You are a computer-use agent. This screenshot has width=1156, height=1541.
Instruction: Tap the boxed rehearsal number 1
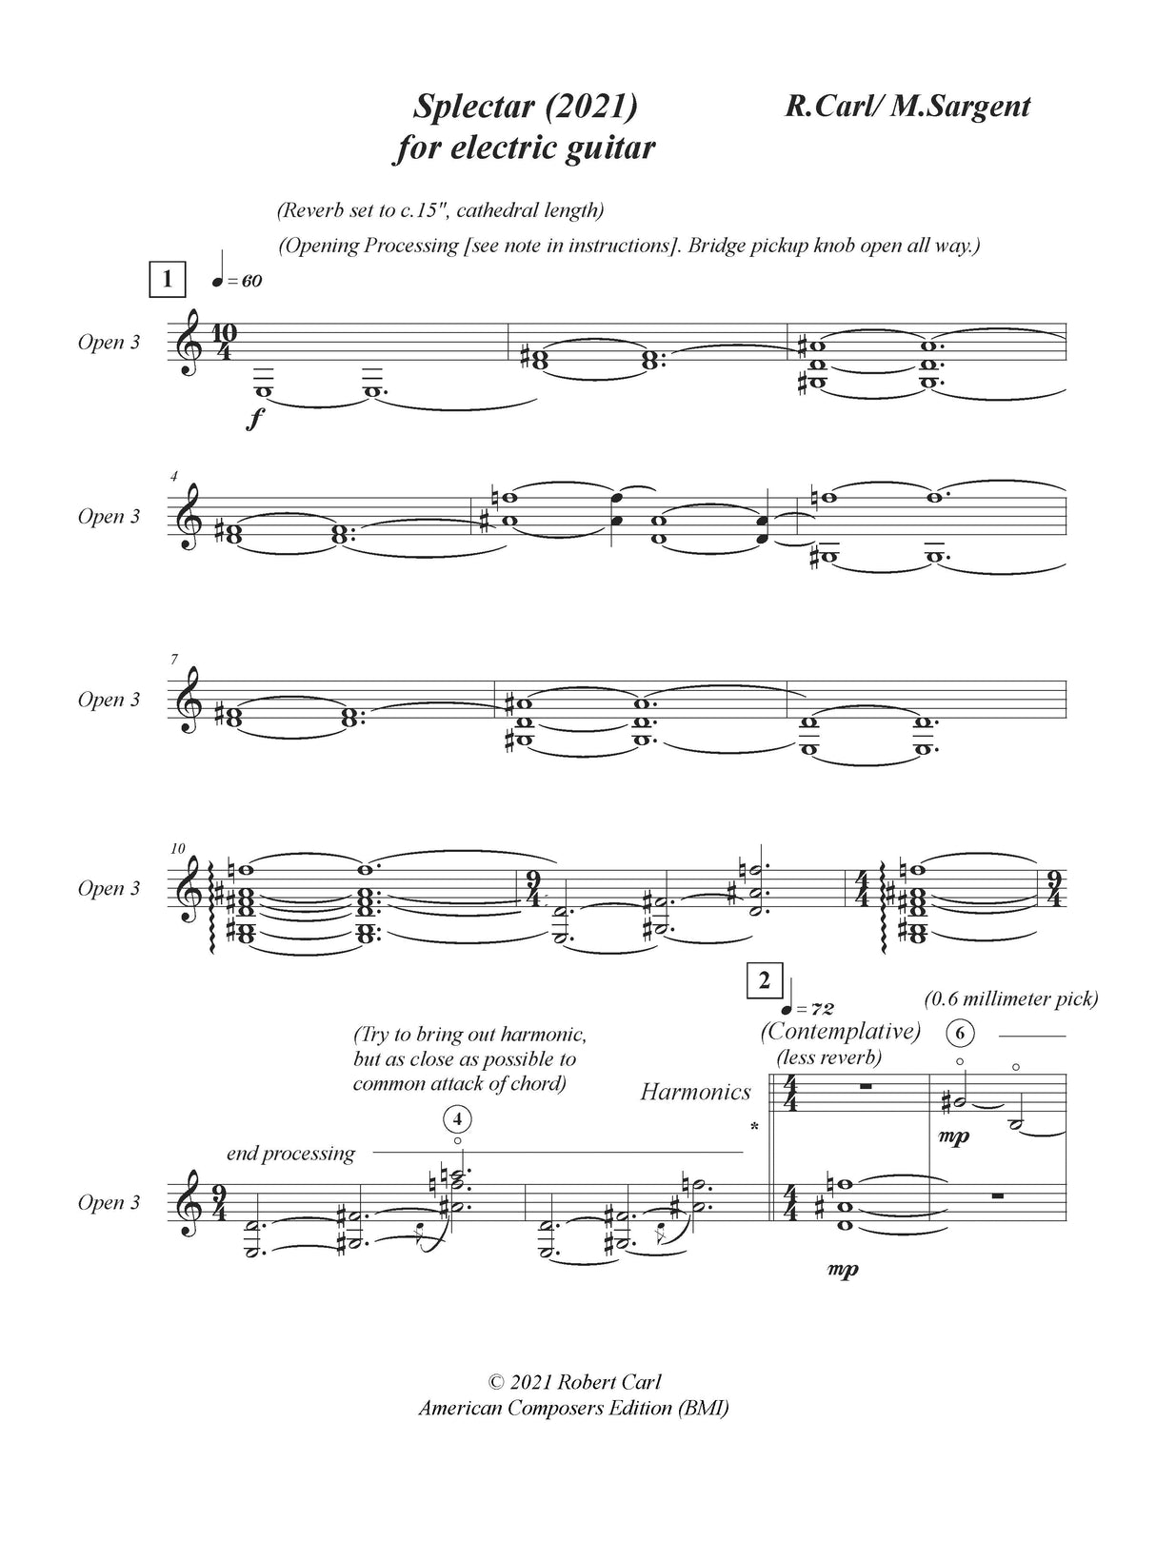click(x=168, y=279)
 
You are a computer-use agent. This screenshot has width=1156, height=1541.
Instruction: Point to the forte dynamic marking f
click(x=253, y=419)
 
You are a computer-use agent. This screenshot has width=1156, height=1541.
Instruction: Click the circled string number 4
click(x=458, y=1117)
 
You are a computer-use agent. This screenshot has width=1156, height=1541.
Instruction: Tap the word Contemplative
click(x=840, y=1031)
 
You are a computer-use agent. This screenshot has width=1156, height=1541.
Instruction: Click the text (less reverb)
click(x=828, y=1057)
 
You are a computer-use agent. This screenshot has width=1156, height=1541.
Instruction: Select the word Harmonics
click(x=695, y=1092)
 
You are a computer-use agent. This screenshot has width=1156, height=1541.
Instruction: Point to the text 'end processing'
click(x=290, y=1154)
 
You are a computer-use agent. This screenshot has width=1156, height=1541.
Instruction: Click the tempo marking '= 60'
click(x=238, y=281)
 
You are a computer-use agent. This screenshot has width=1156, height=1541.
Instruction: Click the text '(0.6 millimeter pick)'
click(x=1010, y=998)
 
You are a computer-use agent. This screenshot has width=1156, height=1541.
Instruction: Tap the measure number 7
click(x=175, y=660)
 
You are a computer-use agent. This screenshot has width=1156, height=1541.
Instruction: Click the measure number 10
click(x=178, y=848)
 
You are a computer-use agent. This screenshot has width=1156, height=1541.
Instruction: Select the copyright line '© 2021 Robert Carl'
click(x=573, y=1408)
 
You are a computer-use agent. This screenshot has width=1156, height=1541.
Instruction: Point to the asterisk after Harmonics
click(x=754, y=1128)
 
